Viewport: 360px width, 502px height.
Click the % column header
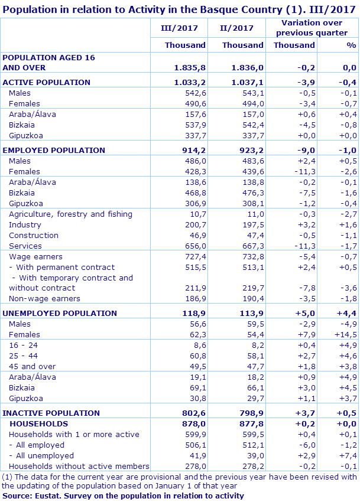point(351,45)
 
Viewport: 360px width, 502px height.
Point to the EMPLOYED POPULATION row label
point(54,150)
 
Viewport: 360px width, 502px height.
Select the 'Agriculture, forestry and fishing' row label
point(70,214)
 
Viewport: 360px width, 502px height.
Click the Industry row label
point(25,224)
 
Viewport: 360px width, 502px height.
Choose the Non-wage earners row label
point(44,299)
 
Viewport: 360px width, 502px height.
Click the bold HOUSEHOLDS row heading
point(38,423)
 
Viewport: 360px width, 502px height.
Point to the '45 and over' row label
point(32,366)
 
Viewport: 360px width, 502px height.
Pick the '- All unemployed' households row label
point(41,455)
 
